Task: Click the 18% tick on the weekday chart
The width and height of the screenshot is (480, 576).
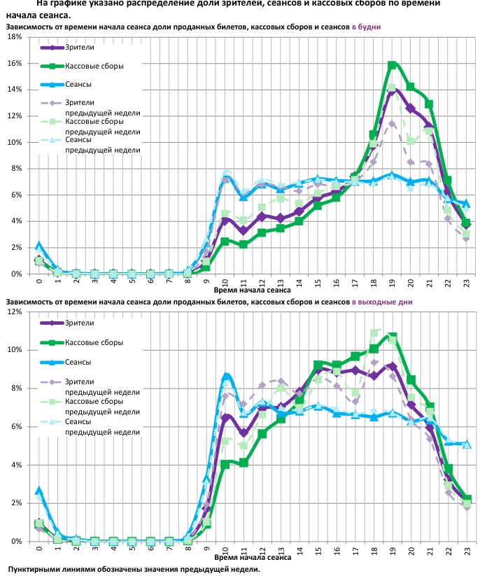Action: click(16, 37)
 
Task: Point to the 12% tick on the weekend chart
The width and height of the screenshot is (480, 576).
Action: click(16, 311)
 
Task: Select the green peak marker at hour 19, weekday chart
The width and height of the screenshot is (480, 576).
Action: click(393, 65)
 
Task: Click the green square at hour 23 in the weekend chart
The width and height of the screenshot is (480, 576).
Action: click(467, 500)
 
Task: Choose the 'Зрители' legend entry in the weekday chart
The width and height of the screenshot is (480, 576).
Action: click(80, 47)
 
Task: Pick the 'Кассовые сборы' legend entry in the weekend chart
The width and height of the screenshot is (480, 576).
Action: click(94, 342)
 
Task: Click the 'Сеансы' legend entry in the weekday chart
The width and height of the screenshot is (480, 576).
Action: click(78, 85)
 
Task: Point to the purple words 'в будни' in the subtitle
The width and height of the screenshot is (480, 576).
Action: click(366, 26)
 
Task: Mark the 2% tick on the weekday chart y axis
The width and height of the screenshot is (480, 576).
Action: click(16, 247)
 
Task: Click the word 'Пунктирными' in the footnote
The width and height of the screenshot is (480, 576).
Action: click(35, 569)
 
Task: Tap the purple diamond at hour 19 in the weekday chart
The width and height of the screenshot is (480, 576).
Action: click(393, 90)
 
